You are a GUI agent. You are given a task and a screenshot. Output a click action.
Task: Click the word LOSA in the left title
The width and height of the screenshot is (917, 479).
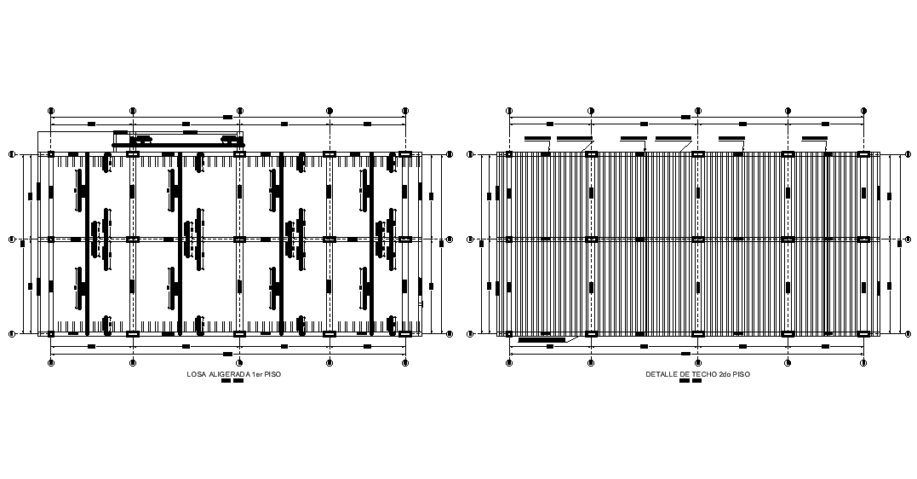click(x=195, y=374)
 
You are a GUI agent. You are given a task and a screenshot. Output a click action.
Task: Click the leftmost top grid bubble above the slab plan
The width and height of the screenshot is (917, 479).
click(x=51, y=111)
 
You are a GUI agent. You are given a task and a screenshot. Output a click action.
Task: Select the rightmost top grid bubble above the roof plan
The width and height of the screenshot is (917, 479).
click(x=863, y=111)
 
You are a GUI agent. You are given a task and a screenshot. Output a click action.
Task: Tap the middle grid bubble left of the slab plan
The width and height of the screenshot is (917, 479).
click(x=12, y=239)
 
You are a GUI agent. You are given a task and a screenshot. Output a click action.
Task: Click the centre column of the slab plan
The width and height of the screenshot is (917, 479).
click(x=239, y=239)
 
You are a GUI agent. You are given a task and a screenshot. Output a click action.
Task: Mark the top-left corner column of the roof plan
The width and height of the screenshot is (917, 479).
click(x=509, y=154)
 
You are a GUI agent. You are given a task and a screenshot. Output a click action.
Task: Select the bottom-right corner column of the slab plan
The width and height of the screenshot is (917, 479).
click(x=405, y=333)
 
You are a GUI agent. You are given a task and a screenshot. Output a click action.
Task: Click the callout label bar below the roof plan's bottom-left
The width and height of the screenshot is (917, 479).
click(x=542, y=340)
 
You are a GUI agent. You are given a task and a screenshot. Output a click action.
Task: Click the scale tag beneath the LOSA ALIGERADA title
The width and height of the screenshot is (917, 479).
click(x=232, y=381)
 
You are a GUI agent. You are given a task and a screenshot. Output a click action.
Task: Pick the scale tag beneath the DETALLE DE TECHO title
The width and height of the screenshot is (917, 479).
click(x=691, y=381)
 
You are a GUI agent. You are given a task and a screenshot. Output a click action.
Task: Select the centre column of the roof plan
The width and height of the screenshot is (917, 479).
click(x=698, y=239)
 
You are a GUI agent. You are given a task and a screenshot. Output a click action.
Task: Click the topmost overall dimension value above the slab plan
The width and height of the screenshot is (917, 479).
click(x=227, y=117)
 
